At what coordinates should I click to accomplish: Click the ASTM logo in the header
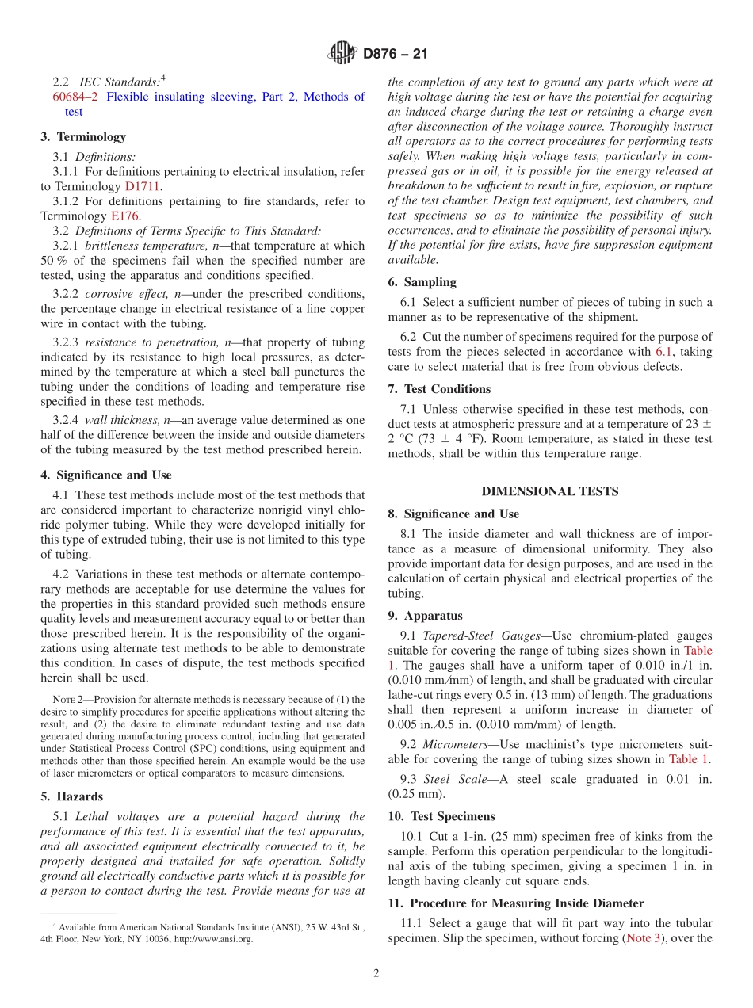point(342,54)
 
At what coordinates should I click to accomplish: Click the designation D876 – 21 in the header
point(395,55)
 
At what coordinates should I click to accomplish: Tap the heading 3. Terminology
point(83,137)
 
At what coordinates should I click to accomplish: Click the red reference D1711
point(143,187)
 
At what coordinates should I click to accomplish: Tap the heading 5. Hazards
point(71,796)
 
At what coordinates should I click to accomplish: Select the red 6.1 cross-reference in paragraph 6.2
point(664,352)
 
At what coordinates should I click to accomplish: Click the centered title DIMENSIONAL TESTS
point(550,491)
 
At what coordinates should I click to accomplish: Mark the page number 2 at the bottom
point(376,974)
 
